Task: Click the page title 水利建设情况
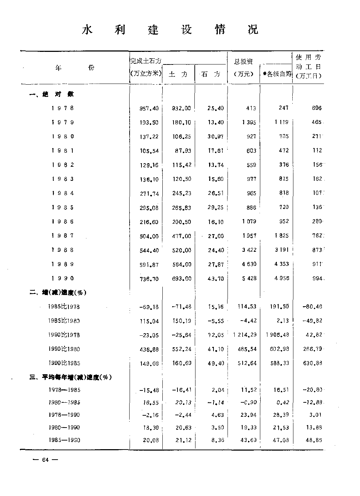170,30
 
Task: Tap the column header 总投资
243,62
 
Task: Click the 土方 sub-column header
178,74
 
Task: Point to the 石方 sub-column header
211,74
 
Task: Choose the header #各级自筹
277,74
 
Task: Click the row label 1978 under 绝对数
63,108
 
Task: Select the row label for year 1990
63,278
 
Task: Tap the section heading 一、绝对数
52,94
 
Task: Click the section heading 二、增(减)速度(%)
58,292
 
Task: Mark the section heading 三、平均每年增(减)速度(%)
71,377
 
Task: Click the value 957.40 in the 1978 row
149,108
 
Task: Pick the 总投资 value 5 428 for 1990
249,278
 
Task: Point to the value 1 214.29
245,335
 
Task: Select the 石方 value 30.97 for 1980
216,137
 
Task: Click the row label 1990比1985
64,363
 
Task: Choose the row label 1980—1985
64,402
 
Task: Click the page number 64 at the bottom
45,460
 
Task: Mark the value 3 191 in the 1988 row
282,250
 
